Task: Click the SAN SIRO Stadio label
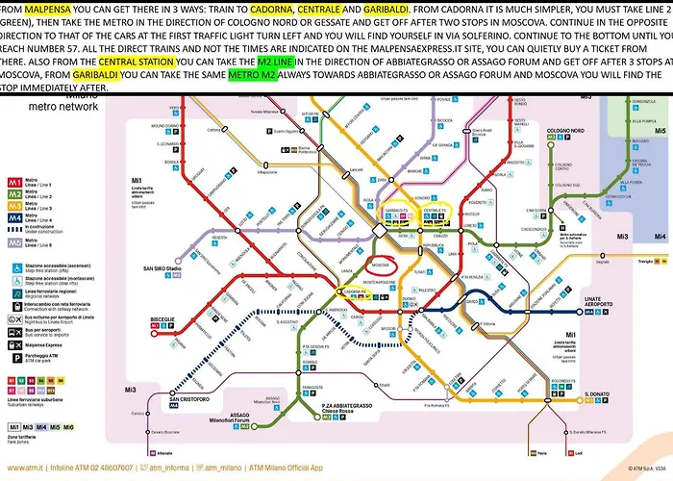(162, 267)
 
